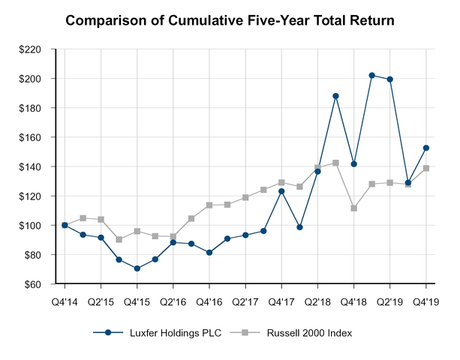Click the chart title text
[230, 20]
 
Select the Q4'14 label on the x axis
[65, 302]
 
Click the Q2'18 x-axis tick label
[317, 302]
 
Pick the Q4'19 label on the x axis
[426, 302]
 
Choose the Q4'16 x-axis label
[209, 302]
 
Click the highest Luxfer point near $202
[372, 75]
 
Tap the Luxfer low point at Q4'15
[137, 268]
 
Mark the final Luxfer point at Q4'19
[426, 148]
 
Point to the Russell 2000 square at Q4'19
[426, 168]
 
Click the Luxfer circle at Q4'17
[281, 191]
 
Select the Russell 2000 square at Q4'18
[354, 208]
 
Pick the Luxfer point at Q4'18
[354, 163]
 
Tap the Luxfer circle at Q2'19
[390, 79]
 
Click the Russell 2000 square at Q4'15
[137, 231]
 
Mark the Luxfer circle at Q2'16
[173, 242]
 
